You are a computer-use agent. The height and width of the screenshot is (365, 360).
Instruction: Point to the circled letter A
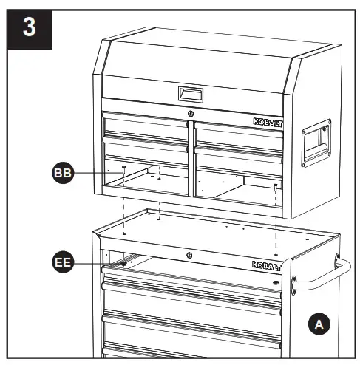pos(317,324)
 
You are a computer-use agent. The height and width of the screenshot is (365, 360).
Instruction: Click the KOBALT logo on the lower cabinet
pos(265,264)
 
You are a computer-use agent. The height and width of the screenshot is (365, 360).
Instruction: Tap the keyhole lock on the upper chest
pos(190,113)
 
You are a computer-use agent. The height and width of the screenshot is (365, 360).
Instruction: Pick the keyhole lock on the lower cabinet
pos(189,256)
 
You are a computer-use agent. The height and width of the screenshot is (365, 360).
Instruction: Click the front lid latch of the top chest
pos(190,94)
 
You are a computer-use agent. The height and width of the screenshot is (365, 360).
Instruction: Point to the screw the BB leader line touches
pos(123,170)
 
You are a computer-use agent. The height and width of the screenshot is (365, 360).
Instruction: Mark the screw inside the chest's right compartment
pos(275,185)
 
